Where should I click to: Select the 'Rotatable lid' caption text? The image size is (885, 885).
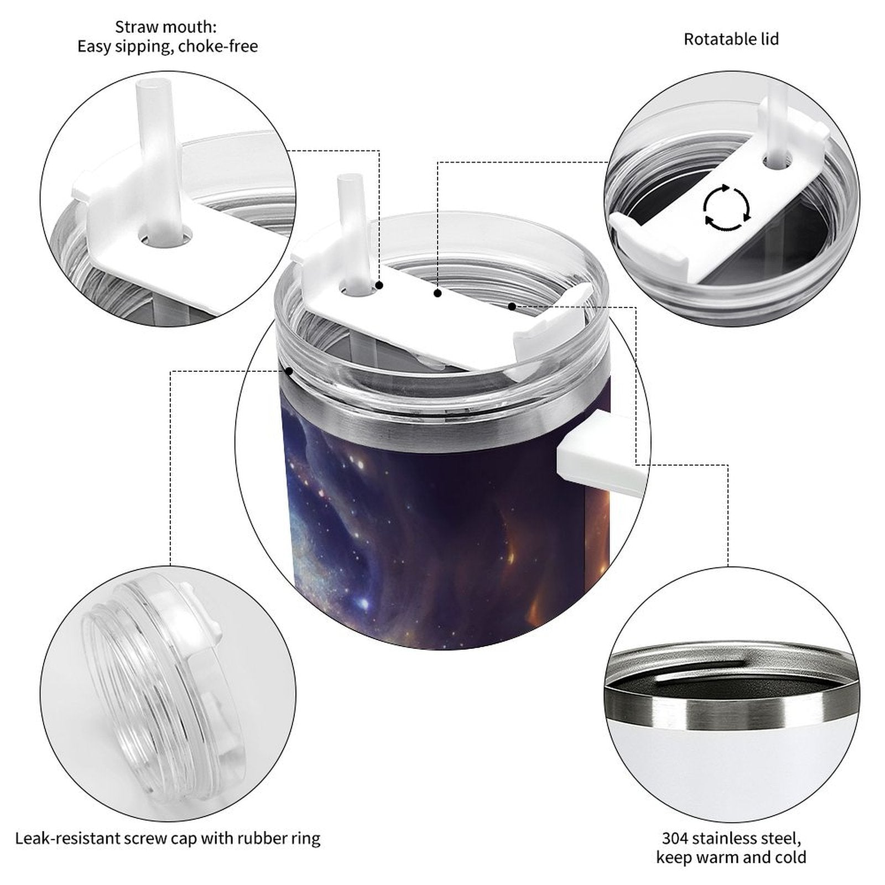coord(731,39)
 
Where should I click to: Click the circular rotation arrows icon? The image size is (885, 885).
coord(727,208)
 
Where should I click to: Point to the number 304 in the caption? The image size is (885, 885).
coord(676,838)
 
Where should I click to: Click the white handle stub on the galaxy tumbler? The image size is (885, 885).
coord(600,455)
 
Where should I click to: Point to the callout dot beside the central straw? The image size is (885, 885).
coord(379,285)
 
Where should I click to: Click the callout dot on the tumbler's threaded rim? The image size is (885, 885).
coord(288,371)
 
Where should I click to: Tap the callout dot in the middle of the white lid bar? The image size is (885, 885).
coord(438,293)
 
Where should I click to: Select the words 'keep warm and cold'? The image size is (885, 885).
coord(731,858)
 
